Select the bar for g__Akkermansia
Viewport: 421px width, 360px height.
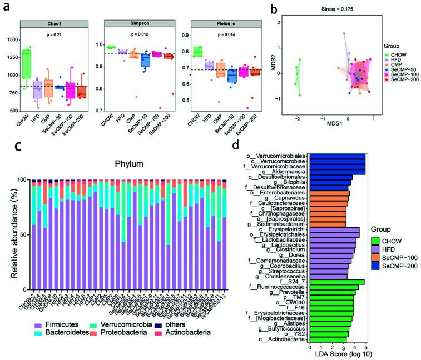[337, 172]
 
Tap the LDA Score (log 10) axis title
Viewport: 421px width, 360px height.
[340, 354]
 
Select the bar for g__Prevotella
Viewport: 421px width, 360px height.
[332, 292]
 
